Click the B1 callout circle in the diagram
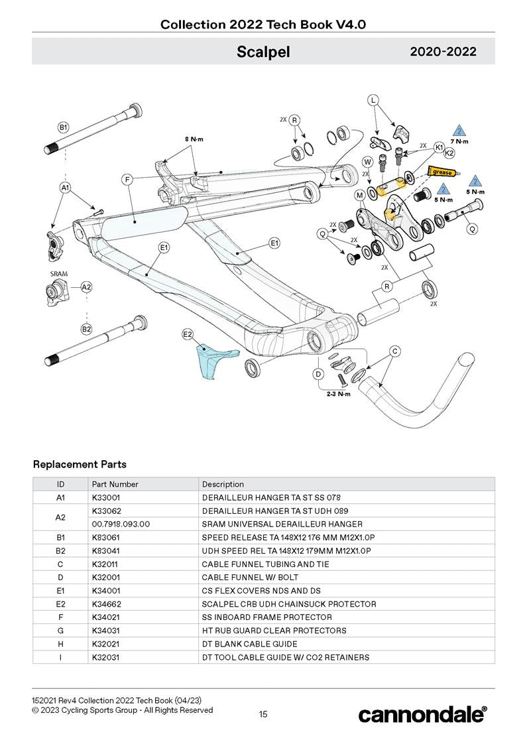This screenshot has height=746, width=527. coord(64,127)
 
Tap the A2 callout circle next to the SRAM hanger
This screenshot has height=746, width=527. coord(87,287)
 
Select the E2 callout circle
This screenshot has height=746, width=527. coord(188,335)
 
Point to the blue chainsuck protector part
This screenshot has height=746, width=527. coord(207,362)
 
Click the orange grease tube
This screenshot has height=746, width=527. coord(441,172)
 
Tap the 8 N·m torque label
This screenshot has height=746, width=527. coord(194,139)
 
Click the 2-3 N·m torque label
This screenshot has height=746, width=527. coord(339,394)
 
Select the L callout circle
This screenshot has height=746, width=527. coord(374,100)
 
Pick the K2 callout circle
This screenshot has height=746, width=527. coord(449,153)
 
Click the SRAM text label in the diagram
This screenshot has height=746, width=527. coord(59,273)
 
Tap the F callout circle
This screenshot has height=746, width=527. coord(127,179)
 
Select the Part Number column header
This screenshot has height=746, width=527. coord(115,484)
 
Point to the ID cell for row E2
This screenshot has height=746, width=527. coord(60,604)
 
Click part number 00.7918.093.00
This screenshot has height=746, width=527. coord(121,524)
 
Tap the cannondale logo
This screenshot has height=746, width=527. coord(422,714)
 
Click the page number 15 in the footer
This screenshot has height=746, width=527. coord(263,714)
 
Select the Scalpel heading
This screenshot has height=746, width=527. coord(263,52)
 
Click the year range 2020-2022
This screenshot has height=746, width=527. coord(443,52)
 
